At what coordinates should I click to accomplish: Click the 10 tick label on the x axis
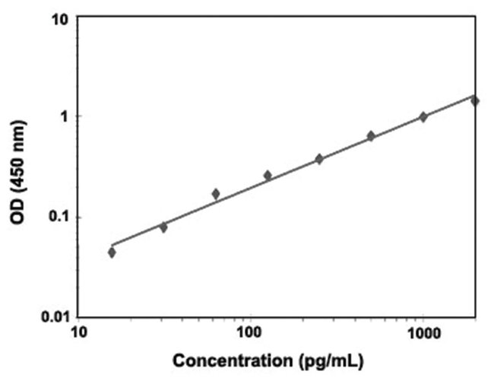coord(78,333)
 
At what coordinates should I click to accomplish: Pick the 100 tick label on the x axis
coord(249,333)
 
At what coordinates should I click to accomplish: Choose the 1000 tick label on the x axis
coord(423,333)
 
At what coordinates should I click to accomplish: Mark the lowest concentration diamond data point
coord(112,252)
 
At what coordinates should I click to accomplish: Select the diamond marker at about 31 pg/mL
coord(163,227)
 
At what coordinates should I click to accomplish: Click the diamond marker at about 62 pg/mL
coord(216,194)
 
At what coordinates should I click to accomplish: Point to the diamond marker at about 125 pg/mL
coord(268,176)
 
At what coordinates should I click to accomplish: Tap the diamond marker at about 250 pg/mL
coord(319,159)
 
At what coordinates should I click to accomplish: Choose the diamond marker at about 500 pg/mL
coord(371,136)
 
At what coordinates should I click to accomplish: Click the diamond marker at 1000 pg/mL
coord(423,116)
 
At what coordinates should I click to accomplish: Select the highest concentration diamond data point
coord(475,100)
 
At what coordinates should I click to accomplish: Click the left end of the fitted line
coord(112,245)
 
